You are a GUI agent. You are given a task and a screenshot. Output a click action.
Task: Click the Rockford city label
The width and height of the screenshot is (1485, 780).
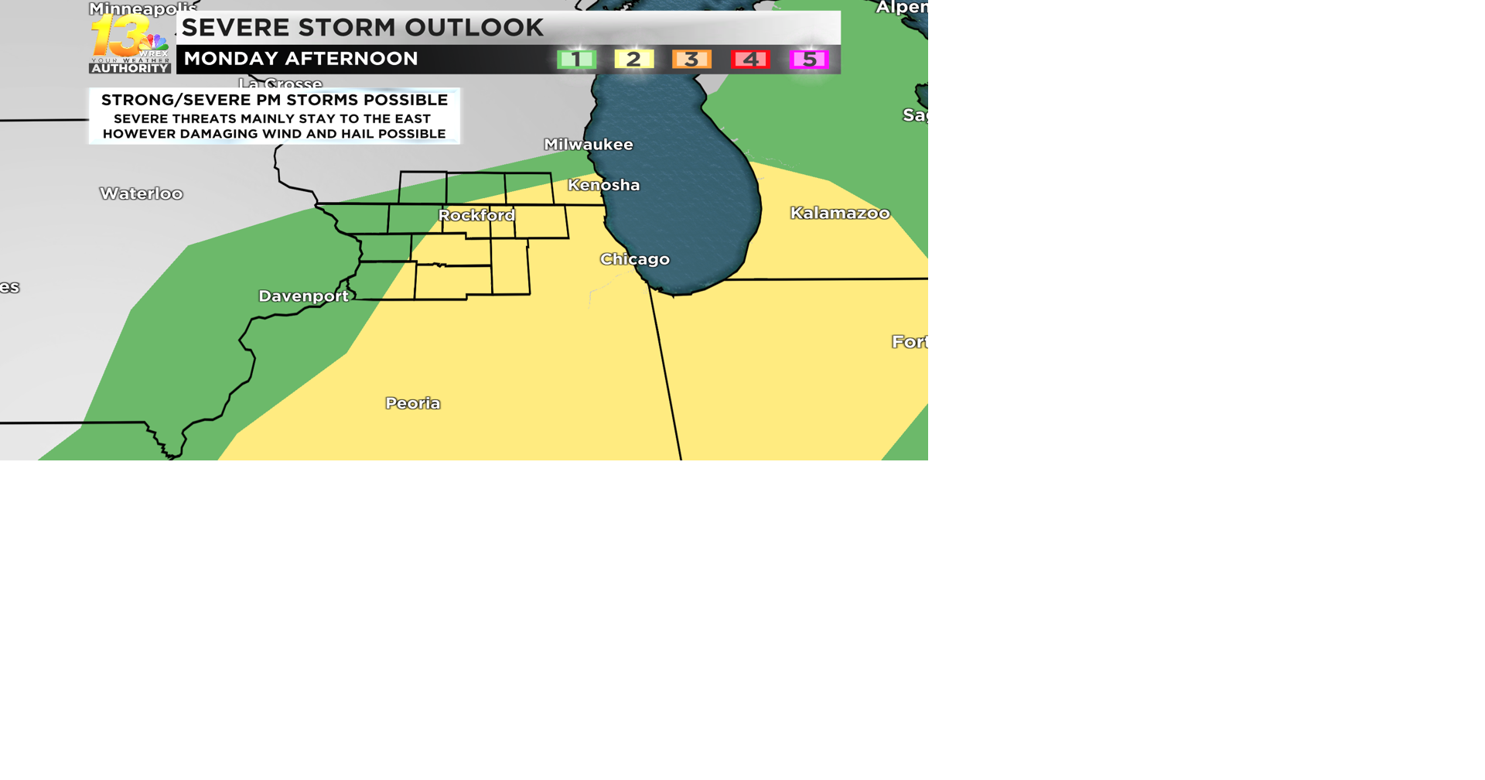click(476, 215)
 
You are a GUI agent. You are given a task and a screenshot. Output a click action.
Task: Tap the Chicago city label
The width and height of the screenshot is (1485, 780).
click(635, 259)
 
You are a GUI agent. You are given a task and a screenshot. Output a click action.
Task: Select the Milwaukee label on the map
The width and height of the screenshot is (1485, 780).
click(589, 145)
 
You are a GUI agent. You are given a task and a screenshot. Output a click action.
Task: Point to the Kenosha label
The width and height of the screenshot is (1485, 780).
click(604, 185)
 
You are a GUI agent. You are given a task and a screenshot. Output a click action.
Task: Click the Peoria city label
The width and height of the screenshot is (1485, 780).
click(413, 403)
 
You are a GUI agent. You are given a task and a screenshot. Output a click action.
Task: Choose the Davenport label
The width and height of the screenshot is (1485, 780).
click(303, 296)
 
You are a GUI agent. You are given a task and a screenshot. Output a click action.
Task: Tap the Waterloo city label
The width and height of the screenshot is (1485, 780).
click(142, 193)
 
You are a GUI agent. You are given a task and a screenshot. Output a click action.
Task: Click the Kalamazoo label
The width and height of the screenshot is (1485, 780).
click(840, 213)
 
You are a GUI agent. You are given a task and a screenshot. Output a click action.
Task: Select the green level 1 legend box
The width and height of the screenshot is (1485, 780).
click(576, 60)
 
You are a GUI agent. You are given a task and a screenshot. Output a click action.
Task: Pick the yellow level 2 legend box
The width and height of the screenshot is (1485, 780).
click(634, 60)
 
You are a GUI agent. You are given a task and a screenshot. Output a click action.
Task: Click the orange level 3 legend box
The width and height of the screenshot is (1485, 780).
click(691, 60)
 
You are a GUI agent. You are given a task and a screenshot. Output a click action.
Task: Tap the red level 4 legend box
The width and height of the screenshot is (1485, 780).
click(750, 60)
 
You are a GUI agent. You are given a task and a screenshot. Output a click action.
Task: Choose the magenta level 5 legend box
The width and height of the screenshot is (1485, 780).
click(809, 60)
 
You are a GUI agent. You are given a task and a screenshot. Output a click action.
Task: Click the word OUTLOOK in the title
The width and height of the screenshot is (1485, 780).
click(474, 28)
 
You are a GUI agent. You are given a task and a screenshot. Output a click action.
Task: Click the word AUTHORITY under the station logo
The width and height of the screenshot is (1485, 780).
click(130, 68)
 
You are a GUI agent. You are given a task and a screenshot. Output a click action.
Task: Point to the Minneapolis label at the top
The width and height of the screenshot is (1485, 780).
click(143, 9)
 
